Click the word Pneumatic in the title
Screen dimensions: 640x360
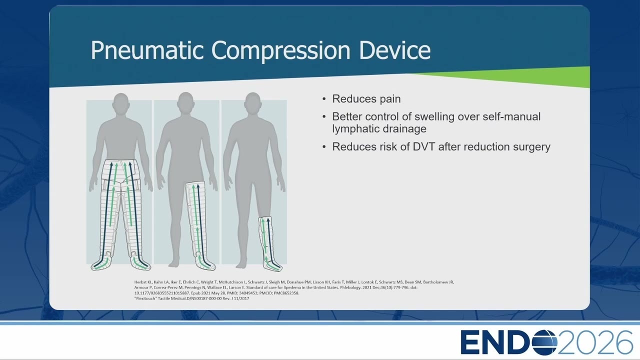147,50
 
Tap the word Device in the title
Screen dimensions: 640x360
394,50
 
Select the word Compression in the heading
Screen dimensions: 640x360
281,51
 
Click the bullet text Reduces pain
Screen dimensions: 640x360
366,99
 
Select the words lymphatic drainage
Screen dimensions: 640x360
379,129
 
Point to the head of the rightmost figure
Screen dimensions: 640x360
253,102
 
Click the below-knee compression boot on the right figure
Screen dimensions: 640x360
269,243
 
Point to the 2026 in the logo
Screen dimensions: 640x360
595,342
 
